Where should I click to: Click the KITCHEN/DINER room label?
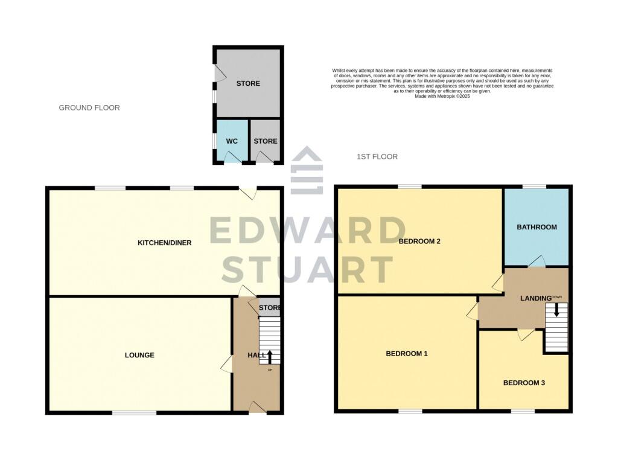pyautogui.click(x=165, y=243)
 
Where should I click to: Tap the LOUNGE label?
pyautogui.click(x=139, y=355)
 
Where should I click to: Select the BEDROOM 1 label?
pyautogui.click(x=407, y=353)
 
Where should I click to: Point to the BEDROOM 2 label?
pyautogui.click(x=419, y=241)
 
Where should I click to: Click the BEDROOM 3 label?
pyautogui.click(x=524, y=383)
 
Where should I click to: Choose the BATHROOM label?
pyautogui.click(x=537, y=227)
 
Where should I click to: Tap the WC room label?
pyautogui.click(x=232, y=141)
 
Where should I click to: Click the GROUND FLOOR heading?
pyautogui.click(x=89, y=107)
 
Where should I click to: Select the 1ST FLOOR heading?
pyautogui.click(x=377, y=156)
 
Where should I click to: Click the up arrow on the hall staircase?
pyautogui.click(x=270, y=356)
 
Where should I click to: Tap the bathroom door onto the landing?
pyautogui.click(x=537, y=261)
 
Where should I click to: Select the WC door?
pyautogui.click(x=232, y=158)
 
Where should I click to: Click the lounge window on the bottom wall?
pyautogui.click(x=134, y=413)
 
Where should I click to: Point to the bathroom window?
pyautogui.click(x=534, y=186)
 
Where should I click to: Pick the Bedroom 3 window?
pyautogui.click(x=523, y=412)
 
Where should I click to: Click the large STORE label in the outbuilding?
pyautogui.click(x=248, y=83)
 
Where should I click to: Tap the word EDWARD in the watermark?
pyautogui.click(x=308, y=231)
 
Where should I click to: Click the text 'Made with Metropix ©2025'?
pyautogui.click(x=442, y=96)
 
